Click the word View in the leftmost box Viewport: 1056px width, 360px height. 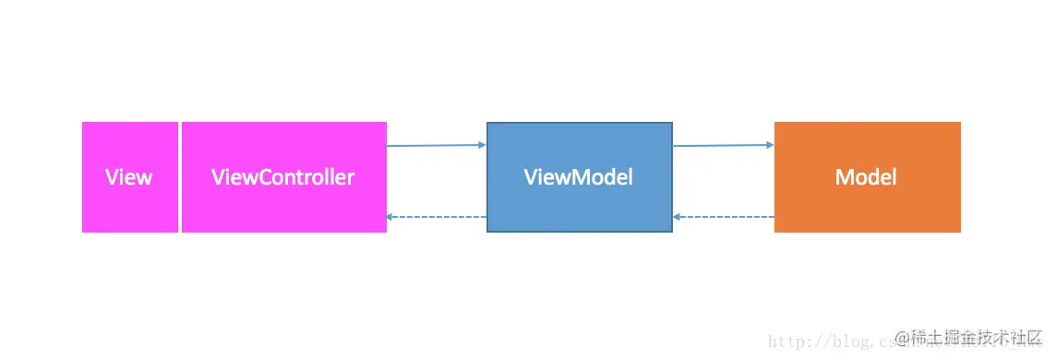[129, 177]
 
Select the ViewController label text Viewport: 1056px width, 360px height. [282, 177]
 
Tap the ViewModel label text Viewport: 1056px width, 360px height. [579, 177]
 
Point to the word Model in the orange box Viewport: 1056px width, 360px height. [866, 177]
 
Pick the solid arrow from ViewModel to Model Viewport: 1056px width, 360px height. [723, 145]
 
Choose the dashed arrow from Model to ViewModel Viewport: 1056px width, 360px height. [723, 217]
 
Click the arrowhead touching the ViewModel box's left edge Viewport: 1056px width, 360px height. [482, 144]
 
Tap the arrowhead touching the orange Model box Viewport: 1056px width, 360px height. [770, 144]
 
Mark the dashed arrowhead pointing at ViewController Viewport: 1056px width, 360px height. [390, 217]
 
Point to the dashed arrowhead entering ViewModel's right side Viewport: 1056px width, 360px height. [678, 217]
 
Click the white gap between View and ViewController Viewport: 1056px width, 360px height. [180, 177]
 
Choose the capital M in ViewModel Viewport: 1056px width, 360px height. [570, 177]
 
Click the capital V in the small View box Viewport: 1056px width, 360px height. [112, 177]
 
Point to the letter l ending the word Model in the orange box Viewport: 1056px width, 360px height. [894, 177]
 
